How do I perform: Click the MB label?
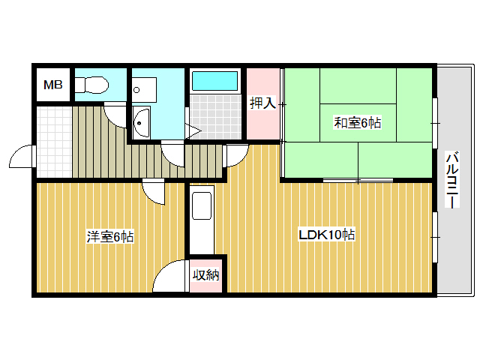click(52, 85)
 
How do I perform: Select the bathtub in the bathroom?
click(214, 81)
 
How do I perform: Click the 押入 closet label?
click(262, 103)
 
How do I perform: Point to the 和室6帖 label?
click(357, 122)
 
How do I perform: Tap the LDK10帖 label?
click(326, 235)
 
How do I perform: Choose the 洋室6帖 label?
click(109, 236)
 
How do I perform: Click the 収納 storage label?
click(205, 274)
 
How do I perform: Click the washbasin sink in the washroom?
click(141, 121)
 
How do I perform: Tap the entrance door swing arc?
click(21, 159)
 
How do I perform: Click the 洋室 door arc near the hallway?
click(154, 192)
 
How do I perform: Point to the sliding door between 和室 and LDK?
click(357, 180)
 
